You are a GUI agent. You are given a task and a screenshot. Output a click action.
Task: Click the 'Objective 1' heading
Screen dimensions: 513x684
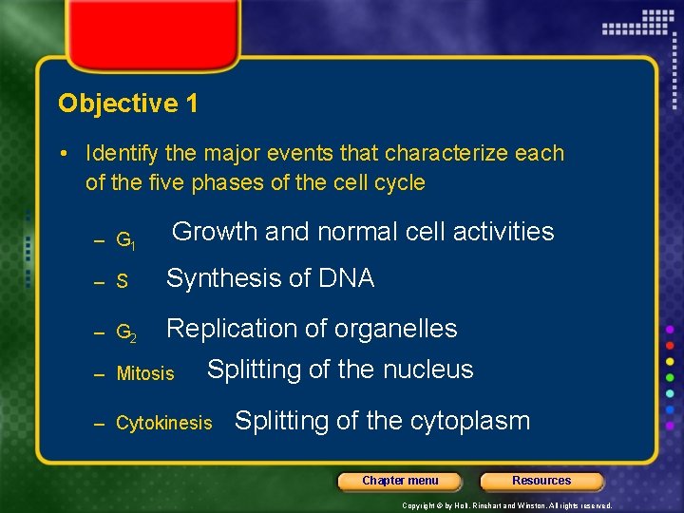click(128, 104)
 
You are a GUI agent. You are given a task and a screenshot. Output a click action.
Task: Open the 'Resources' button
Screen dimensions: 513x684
click(541, 481)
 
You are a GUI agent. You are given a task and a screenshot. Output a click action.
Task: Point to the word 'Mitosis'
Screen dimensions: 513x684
click(145, 374)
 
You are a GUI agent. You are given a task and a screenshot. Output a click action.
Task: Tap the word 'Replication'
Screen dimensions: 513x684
click(228, 329)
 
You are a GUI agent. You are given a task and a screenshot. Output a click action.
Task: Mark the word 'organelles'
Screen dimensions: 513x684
click(391, 329)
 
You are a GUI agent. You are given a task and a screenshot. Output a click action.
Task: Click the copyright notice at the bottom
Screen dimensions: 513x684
click(507, 505)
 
